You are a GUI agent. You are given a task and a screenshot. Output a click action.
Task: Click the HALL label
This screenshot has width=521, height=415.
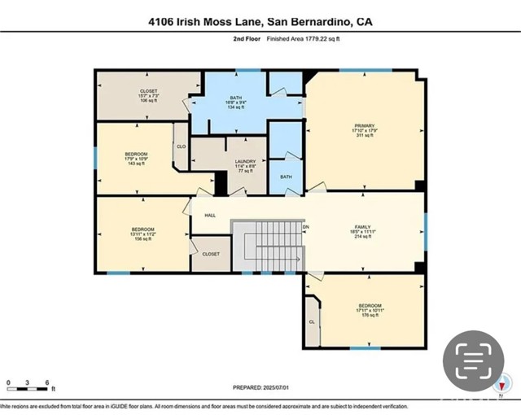209,216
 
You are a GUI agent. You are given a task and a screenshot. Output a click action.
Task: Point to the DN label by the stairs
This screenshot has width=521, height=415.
306,228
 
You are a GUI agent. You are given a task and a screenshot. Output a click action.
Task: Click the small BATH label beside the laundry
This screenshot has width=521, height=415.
286,177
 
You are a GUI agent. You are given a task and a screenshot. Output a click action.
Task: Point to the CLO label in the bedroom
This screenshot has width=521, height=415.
181,147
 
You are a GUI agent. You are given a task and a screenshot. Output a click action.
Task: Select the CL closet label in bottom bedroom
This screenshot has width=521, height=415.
312,321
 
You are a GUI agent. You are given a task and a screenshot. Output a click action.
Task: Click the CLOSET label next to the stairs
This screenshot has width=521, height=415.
210,254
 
